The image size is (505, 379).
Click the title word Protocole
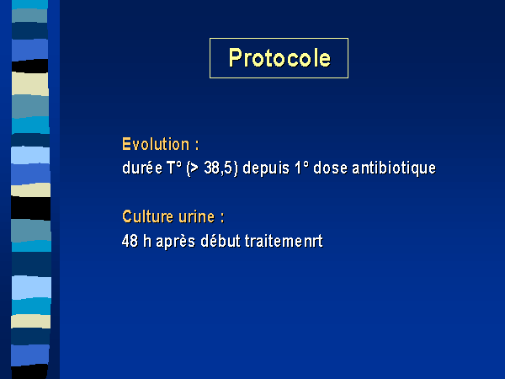click(279, 58)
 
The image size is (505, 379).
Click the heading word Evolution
click(156, 144)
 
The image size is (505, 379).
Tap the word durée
click(142, 168)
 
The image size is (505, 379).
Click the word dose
click(330, 168)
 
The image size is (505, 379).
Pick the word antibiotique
click(394, 168)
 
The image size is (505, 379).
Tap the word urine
click(196, 216)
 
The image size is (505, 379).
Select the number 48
click(130, 241)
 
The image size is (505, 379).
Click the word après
click(176, 242)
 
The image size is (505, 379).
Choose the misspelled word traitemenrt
click(284, 241)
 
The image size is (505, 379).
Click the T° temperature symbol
click(174, 168)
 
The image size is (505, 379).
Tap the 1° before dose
click(301, 168)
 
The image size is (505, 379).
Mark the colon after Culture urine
click(222, 218)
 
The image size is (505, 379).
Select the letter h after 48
click(147, 241)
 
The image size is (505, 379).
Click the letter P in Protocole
click(235, 57)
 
